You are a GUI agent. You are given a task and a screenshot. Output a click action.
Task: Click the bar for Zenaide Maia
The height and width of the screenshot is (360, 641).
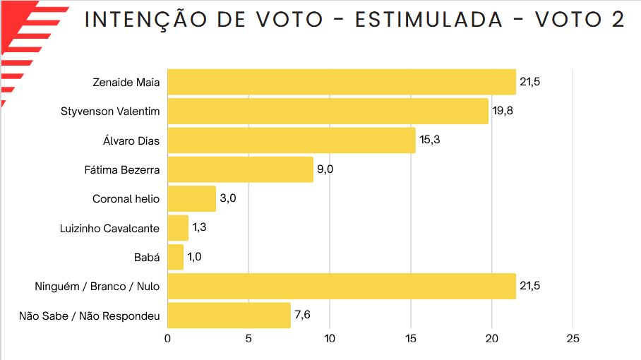pyautogui.click(x=342, y=82)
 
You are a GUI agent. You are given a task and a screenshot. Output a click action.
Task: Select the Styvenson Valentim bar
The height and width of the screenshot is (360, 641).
pyautogui.click(x=328, y=112)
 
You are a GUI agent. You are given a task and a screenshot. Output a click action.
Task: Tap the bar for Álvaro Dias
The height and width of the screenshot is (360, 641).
pyautogui.click(x=291, y=140)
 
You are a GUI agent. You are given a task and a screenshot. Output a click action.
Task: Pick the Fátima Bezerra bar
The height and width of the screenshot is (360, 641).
pyautogui.click(x=240, y=169)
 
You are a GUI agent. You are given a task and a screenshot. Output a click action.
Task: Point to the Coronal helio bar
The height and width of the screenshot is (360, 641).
pyautogui.click(x=191, y=198)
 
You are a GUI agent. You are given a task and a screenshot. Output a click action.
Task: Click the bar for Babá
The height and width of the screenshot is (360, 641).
pyautogui.click(x=175, y=257)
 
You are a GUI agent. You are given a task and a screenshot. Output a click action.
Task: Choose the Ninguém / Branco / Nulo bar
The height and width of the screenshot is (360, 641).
pyautogui.click(x=342, y=286)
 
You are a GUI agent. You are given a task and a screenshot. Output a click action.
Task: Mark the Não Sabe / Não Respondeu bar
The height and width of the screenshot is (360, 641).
pyautogui.click(x=229, y=315)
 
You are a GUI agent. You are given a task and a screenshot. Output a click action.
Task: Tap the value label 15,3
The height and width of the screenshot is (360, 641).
pyautogui.click(x=429, y=140)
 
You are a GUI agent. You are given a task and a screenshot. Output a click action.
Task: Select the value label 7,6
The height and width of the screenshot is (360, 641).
pyautogui.click(x=303, y=315)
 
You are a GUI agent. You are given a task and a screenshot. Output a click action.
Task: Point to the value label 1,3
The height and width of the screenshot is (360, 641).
pyautogui.click(x=200, y=228)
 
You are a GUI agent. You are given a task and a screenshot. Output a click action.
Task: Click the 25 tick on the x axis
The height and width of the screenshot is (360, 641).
pyautogui.click(x=573, y=339)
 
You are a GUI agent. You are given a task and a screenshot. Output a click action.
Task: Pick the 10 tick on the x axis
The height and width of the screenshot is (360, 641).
pyautogui.click(x=330, y=339)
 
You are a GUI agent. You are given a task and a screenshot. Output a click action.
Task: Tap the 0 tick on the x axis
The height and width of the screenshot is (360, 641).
pyautogui.click(x=167, y=339)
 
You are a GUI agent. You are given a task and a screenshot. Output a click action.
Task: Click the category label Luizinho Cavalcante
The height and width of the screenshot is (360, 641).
pyautogui.click(x=110, y=228)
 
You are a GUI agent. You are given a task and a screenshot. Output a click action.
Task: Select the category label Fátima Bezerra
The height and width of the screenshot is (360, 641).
pyautogui.click(x=121, y=169)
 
